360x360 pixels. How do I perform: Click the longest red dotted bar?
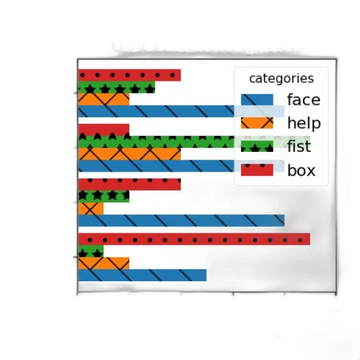tap(194, 239)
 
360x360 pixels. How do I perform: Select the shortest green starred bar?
tap(91, 251)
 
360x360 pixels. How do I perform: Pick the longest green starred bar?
tap(194, 142)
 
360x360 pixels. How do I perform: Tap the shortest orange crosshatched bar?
tap(91, 208)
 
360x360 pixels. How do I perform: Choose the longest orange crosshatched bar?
tap(129, 154)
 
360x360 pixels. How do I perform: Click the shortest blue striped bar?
tap(143, 275)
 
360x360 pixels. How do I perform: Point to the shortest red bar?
tap(104, 130)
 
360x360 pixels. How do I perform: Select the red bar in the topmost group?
tap(129, 75)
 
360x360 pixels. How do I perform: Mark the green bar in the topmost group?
tap(117, 87)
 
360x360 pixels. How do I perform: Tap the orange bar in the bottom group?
tap(104, 263)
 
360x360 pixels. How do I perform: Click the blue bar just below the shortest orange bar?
tap(181, 220)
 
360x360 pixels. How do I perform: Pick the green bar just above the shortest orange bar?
tap(104, 196)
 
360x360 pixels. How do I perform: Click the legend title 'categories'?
tap(281, 79)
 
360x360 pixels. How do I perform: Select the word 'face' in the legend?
tap(304, 100)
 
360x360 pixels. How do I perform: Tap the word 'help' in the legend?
tap(304, 123)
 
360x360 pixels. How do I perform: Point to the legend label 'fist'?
tap(299, 146)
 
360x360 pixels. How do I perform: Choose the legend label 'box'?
tap(301, 170)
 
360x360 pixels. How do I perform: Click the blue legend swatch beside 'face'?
tap(257, 100)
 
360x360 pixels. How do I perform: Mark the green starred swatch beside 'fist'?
tap(257, 146)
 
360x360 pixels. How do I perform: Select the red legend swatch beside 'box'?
tap(257, 170)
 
